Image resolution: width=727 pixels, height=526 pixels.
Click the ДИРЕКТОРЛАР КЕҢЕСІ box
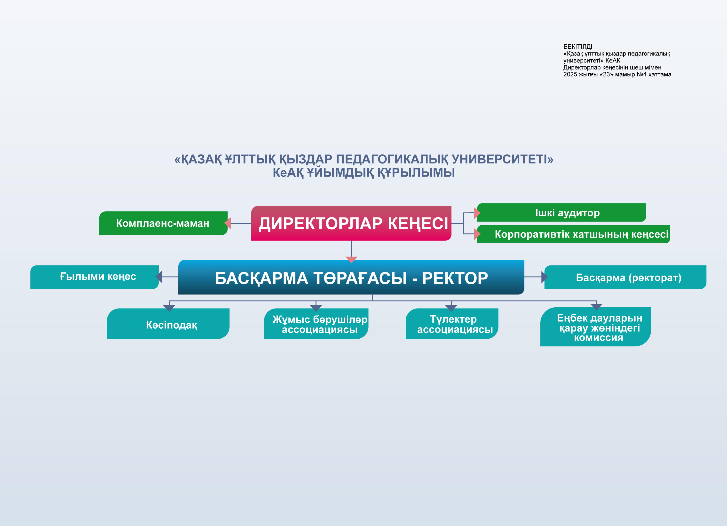coord(351,223)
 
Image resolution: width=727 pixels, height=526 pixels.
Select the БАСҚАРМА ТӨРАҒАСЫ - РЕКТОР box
coord(351,277)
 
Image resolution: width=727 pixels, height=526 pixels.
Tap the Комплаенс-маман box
coord(164,223)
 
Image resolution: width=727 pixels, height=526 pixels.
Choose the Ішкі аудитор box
coord(561,212)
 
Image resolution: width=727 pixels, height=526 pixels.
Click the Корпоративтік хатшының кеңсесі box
coord(573,234)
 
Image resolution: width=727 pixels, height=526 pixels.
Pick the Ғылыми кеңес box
coord(95,277)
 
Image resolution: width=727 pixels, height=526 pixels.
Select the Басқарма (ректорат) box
coord(625,277)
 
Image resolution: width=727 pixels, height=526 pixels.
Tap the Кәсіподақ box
coord(168,324)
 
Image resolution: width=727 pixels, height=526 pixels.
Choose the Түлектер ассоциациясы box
coord(452,324)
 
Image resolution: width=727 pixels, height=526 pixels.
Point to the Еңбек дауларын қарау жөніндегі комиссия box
coord(596,327)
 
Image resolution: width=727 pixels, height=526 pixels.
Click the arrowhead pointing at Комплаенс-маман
coord(228,223)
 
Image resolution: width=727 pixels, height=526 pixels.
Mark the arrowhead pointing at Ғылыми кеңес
coord(159,277)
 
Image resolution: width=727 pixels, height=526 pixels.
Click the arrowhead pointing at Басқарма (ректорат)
coord(545,277)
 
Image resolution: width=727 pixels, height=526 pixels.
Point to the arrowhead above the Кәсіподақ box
coord(169,309)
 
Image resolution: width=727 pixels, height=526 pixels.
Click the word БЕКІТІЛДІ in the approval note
coord(578,47)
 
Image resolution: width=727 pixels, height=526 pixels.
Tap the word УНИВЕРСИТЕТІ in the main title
coord(503,159)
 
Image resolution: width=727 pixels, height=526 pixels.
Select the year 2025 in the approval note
coord(570,74)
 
